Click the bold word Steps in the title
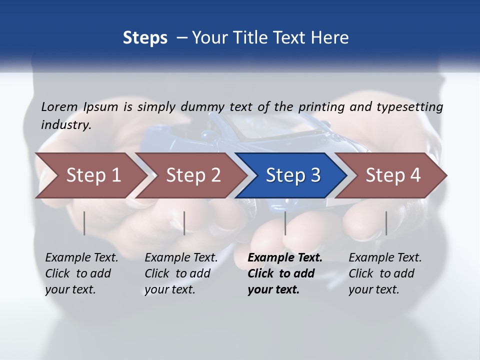[x=145, y=38]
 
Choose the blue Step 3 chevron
[x=293, y=175]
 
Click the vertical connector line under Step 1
[x=84, y=223]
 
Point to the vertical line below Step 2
[x=184, y=223]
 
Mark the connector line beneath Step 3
[x=285, y=223]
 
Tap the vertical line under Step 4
[x=386, y=223]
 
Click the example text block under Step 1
[x=81, y=273]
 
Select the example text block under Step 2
[x=181, y=273]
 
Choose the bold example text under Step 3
[x=284, y=273]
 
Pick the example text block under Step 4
[x=385, y=273]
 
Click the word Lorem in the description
[x=59, y=106]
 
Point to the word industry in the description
[x=66, y=124]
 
